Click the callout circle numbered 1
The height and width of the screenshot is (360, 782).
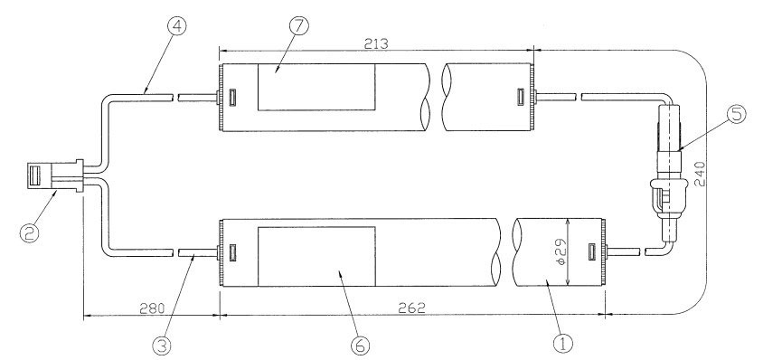pos(563,344)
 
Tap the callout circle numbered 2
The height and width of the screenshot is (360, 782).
pos(30,232)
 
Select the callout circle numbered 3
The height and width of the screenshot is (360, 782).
pos(161,344)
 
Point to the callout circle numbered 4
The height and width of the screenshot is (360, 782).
pos(177,26)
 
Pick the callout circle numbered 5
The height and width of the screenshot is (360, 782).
pos(736,114)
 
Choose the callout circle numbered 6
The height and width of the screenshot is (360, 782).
pos(360,345)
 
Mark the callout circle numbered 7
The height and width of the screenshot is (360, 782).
pos(298,26)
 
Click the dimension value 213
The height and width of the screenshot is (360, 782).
pos(377,44)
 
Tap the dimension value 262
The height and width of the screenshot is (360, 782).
pos(413,308)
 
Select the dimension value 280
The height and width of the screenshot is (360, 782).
pos(152,308)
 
